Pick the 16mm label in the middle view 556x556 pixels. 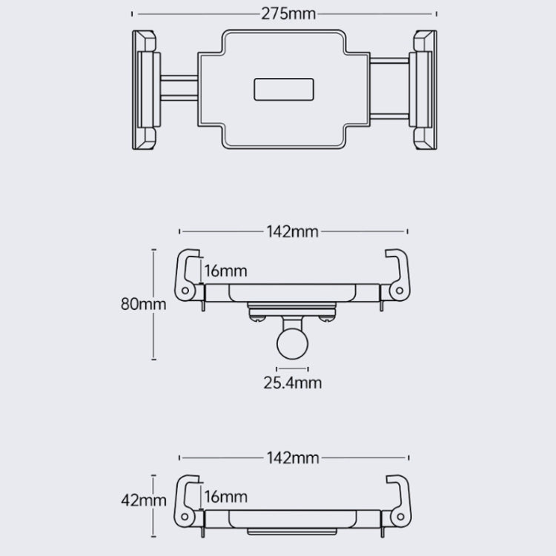click(225, 271)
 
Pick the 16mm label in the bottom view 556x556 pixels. click(225, 496)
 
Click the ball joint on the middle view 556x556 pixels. click(292, 342)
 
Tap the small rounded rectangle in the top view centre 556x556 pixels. click(285, 90)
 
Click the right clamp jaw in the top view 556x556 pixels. click(426, 90)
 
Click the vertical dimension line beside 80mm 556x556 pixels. click(154, 305)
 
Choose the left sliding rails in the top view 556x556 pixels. click(178, 90)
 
